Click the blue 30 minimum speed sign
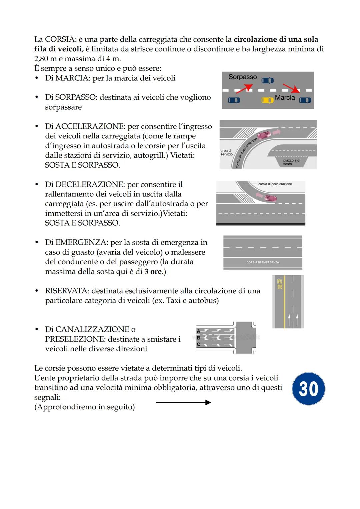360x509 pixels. [308, 389]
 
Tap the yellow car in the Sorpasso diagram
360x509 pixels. [267, 100]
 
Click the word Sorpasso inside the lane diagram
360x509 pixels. [242, 77]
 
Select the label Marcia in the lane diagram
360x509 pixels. [285, 97]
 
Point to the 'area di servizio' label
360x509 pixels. [226, 152]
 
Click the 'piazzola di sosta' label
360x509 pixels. [291, 162]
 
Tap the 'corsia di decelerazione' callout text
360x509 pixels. [275, 184]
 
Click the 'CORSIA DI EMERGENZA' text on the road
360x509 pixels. [263, 262]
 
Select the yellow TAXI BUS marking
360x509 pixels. [280, 284]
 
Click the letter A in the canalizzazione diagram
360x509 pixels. [199, 331]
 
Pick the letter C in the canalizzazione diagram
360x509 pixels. [199, 344]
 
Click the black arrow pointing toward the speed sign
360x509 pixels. [183, 402]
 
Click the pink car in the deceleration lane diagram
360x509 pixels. [270, 198]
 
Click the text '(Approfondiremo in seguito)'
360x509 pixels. [84, 407]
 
